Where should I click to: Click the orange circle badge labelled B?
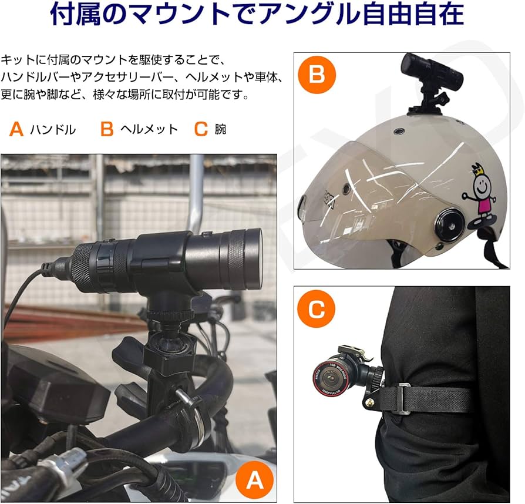tap(317, 75)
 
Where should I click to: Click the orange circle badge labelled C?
tap(316, 309)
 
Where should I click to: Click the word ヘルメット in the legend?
tap(149, 130)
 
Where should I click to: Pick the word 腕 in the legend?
tap(220, 130)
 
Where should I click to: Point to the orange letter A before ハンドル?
tap(16, 130)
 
